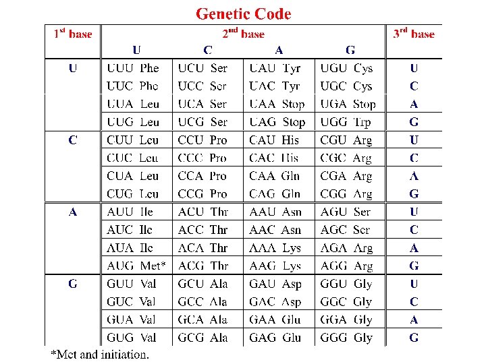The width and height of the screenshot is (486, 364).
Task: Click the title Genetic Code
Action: [x=243, y=13]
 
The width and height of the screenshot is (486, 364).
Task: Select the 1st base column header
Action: [x=73, y=34]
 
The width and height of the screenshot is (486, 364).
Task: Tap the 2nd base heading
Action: [x=244, y=34]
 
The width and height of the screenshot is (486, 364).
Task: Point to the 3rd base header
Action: [x=414, y=34]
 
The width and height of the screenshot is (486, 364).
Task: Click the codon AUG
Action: [x=120, y=266]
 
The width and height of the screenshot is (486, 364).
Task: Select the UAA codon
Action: [x=263, y=104]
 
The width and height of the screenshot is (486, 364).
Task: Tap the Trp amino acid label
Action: [x=362, y=122]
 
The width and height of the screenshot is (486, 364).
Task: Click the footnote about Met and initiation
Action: [x=101, y=354]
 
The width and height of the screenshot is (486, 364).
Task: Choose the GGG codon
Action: [x=333, y=338]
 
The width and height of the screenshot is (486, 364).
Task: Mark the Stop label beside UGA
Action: [x=364, y=104]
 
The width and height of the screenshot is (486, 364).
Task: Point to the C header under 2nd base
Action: [x=207, y=49]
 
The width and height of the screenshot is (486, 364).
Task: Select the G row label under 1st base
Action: [x=73, y=284]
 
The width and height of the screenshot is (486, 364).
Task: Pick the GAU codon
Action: [x=263, y=284]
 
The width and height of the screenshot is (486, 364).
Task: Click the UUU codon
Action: [x=120, y=68]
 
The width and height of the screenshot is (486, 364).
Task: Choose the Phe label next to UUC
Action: [x=150, y=86]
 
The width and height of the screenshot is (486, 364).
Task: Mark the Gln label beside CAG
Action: [x=291, y=194]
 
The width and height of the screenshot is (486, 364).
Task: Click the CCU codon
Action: [x=191, y=140]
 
